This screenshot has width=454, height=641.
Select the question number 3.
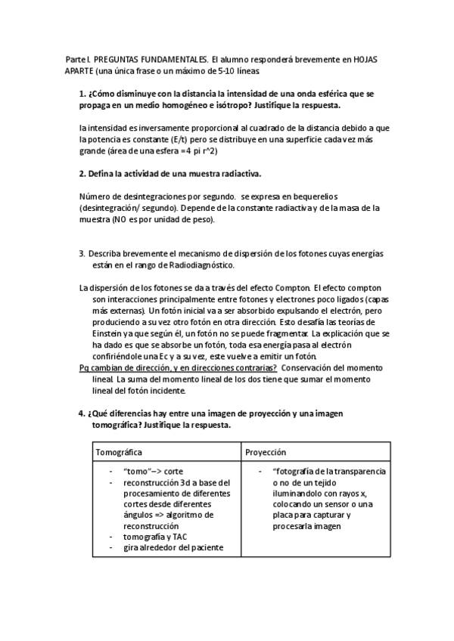click(82, 254)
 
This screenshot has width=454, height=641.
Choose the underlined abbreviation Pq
click(85, 368)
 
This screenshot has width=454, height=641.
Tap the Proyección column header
click(265, 451)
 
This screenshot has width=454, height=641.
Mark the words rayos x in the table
click(347, 493)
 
